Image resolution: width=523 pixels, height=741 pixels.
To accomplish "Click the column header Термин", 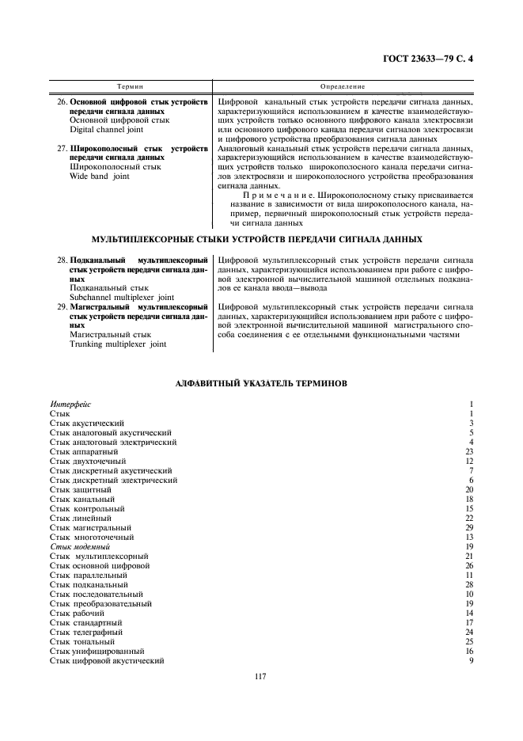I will pos(131,86).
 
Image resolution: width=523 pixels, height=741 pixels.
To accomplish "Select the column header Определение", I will pos(343,86).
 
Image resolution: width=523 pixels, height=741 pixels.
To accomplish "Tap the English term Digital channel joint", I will pos(107,129).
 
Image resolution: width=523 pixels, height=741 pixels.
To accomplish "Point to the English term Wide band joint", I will pos(100,177).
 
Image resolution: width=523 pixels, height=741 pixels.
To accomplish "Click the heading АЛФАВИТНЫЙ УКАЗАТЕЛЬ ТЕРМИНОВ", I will pos(261,383).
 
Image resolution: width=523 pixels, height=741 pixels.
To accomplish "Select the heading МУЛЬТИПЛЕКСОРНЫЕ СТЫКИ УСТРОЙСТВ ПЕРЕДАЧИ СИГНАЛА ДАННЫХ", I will pos(261,238).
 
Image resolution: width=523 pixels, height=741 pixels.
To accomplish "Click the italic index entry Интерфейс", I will pos(70,405).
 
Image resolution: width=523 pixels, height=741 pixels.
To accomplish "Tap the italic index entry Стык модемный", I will pos(80,546).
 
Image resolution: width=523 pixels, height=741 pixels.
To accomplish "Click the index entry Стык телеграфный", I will pos(86,632).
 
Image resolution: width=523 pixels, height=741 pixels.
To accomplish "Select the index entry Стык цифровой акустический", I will pos(107,660).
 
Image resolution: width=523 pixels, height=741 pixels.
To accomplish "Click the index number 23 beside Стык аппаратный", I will pos(468,452).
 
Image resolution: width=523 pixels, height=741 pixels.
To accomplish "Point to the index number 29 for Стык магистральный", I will pos(468,527).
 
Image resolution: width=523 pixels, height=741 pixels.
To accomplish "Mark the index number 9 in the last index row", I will pos(470,660).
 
